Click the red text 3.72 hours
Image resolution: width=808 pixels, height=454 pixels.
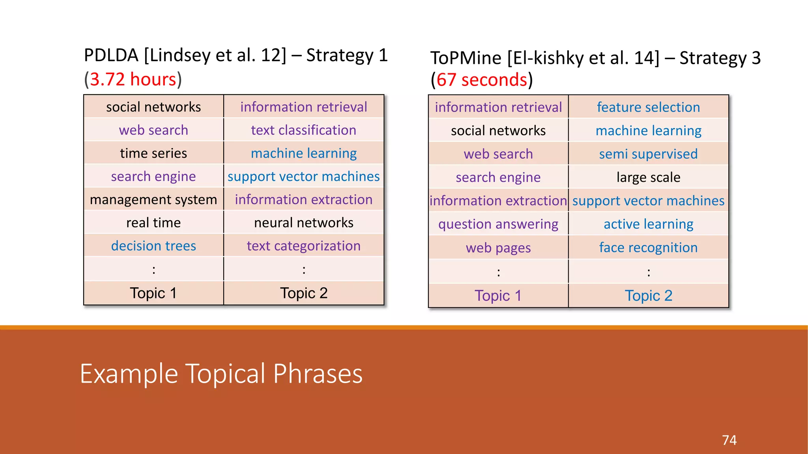point(133,79)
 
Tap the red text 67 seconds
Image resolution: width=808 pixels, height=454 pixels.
point(482,80)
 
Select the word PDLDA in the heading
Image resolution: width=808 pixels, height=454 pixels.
point(111,55)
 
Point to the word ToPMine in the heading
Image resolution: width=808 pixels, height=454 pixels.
point(466,58)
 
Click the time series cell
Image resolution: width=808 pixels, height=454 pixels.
point(153,153)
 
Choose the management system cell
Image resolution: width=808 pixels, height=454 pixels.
point(153,199)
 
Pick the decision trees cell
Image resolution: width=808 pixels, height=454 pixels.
point(153,246)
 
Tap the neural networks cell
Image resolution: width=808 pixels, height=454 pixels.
point(303,223)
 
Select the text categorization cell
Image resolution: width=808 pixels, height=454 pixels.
point(303,246)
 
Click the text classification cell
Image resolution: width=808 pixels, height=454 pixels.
point(303,130)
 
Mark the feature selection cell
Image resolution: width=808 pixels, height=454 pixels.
point(648,107)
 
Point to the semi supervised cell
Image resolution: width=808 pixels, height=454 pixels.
point(648,154)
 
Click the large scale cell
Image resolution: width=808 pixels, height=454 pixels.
point(648,177)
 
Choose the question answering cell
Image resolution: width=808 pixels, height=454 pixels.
point(498,224)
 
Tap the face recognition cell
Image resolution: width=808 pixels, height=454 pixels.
point(648,247)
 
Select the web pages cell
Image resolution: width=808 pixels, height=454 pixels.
point(498,248)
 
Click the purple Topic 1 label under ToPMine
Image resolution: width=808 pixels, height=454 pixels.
point(498,296)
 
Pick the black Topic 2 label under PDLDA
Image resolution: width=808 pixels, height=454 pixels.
point(303,293)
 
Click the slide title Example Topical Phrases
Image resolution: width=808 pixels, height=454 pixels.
point(221,374)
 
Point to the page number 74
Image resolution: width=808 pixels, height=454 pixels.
point(729,440)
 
